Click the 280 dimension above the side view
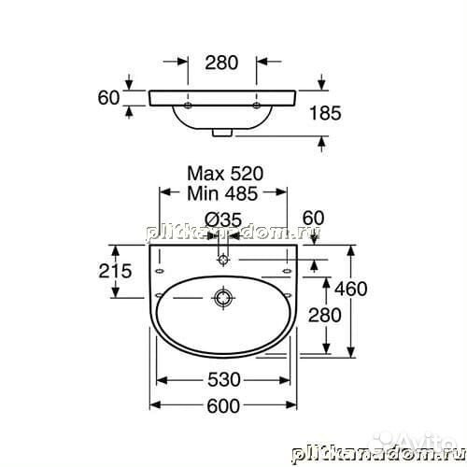point(221,64)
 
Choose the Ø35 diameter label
point(222,219)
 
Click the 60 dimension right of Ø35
point(313,219)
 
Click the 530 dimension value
point(224,380)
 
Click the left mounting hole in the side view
point(188,106)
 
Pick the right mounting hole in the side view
point(258,106)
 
